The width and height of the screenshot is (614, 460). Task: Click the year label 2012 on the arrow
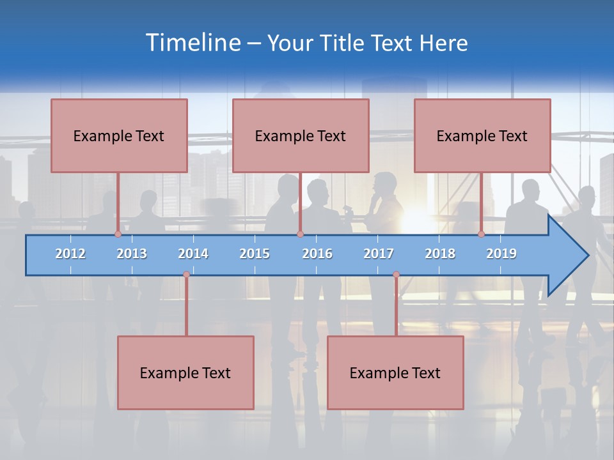(x=70, y=254)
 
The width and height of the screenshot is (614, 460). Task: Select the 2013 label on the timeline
(x=132, y=254)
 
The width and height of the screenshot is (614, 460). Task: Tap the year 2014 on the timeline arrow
(x=193, y=254)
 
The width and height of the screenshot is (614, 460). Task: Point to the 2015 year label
(x=255, y=254)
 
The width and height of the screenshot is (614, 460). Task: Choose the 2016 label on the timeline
(x=317, y=254)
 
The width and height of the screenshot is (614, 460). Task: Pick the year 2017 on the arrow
(x=379, y=254)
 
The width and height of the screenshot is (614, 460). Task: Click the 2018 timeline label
(x=440, y=254)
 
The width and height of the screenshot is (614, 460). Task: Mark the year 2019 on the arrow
(x=501, y=254)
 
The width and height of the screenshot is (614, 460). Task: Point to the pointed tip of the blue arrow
(x=587, y=256)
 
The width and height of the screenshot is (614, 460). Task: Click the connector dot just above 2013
(x=118, y=234)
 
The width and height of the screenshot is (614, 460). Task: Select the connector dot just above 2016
(x=300, y=234)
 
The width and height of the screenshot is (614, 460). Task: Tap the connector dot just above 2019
(x=482, y=234)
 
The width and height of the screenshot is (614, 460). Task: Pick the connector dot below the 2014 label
(x=186, y=275)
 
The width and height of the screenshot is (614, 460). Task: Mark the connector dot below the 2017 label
(x=396, y=275)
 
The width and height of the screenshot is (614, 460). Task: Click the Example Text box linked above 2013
(x=119, y=135)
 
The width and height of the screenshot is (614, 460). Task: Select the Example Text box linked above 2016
(x=301, y=135)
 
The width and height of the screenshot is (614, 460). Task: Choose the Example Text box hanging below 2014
(x=185, y=372)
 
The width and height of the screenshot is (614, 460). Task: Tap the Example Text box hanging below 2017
(x=395, y=372)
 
